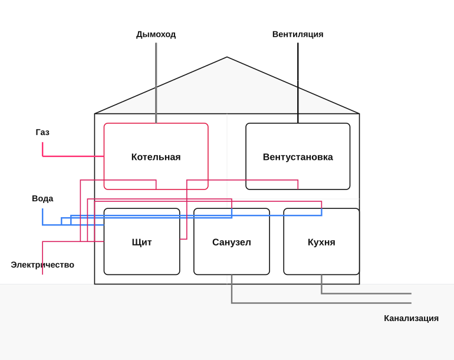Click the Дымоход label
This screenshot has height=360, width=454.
pos(156,34)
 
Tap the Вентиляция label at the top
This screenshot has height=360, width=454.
pos(298,34)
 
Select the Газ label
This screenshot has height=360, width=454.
pos(42,132)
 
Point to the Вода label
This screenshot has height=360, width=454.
pos(42,198)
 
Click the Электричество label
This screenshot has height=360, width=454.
pos(42,264)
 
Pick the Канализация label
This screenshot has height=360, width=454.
pos(411,318)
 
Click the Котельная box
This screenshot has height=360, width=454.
pos(156,124)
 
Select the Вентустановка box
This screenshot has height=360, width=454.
pos(298,124)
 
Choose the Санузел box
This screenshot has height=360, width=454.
pos(232,274)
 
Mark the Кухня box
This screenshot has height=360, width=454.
pos(321,274)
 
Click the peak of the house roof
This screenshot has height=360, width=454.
pos(227,57)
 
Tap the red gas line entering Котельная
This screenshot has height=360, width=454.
pos(73,156)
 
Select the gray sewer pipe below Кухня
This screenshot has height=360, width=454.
pos(347,293)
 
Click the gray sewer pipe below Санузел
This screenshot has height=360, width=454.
pos(289,303)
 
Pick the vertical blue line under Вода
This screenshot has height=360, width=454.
pos(42,217)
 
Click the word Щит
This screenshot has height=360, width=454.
pos(142,242)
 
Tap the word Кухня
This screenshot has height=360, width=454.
pos(321,242)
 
